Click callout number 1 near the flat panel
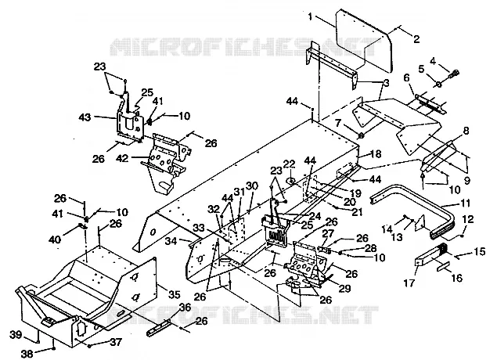[x=310, y=16]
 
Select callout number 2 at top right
[x=416, y=39]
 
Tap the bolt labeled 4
[x=454, y=74]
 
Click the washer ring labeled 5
[x=438, y=85]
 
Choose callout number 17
[x=409, y=283]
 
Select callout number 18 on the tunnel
[x=375, y=154]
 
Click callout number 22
[x=289, y=164]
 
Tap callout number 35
[x=174, y=294]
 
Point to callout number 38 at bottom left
[x=27, y=354]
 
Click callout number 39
[x=16, y=335]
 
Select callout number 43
[x=85, y=117]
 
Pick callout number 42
[x=123, y=157]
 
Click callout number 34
[x=171, y=242]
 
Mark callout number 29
[x=345, y=288]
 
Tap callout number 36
[x=185, y=307]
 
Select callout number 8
[x=466, y=131]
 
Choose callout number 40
[x=55, y=239]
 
